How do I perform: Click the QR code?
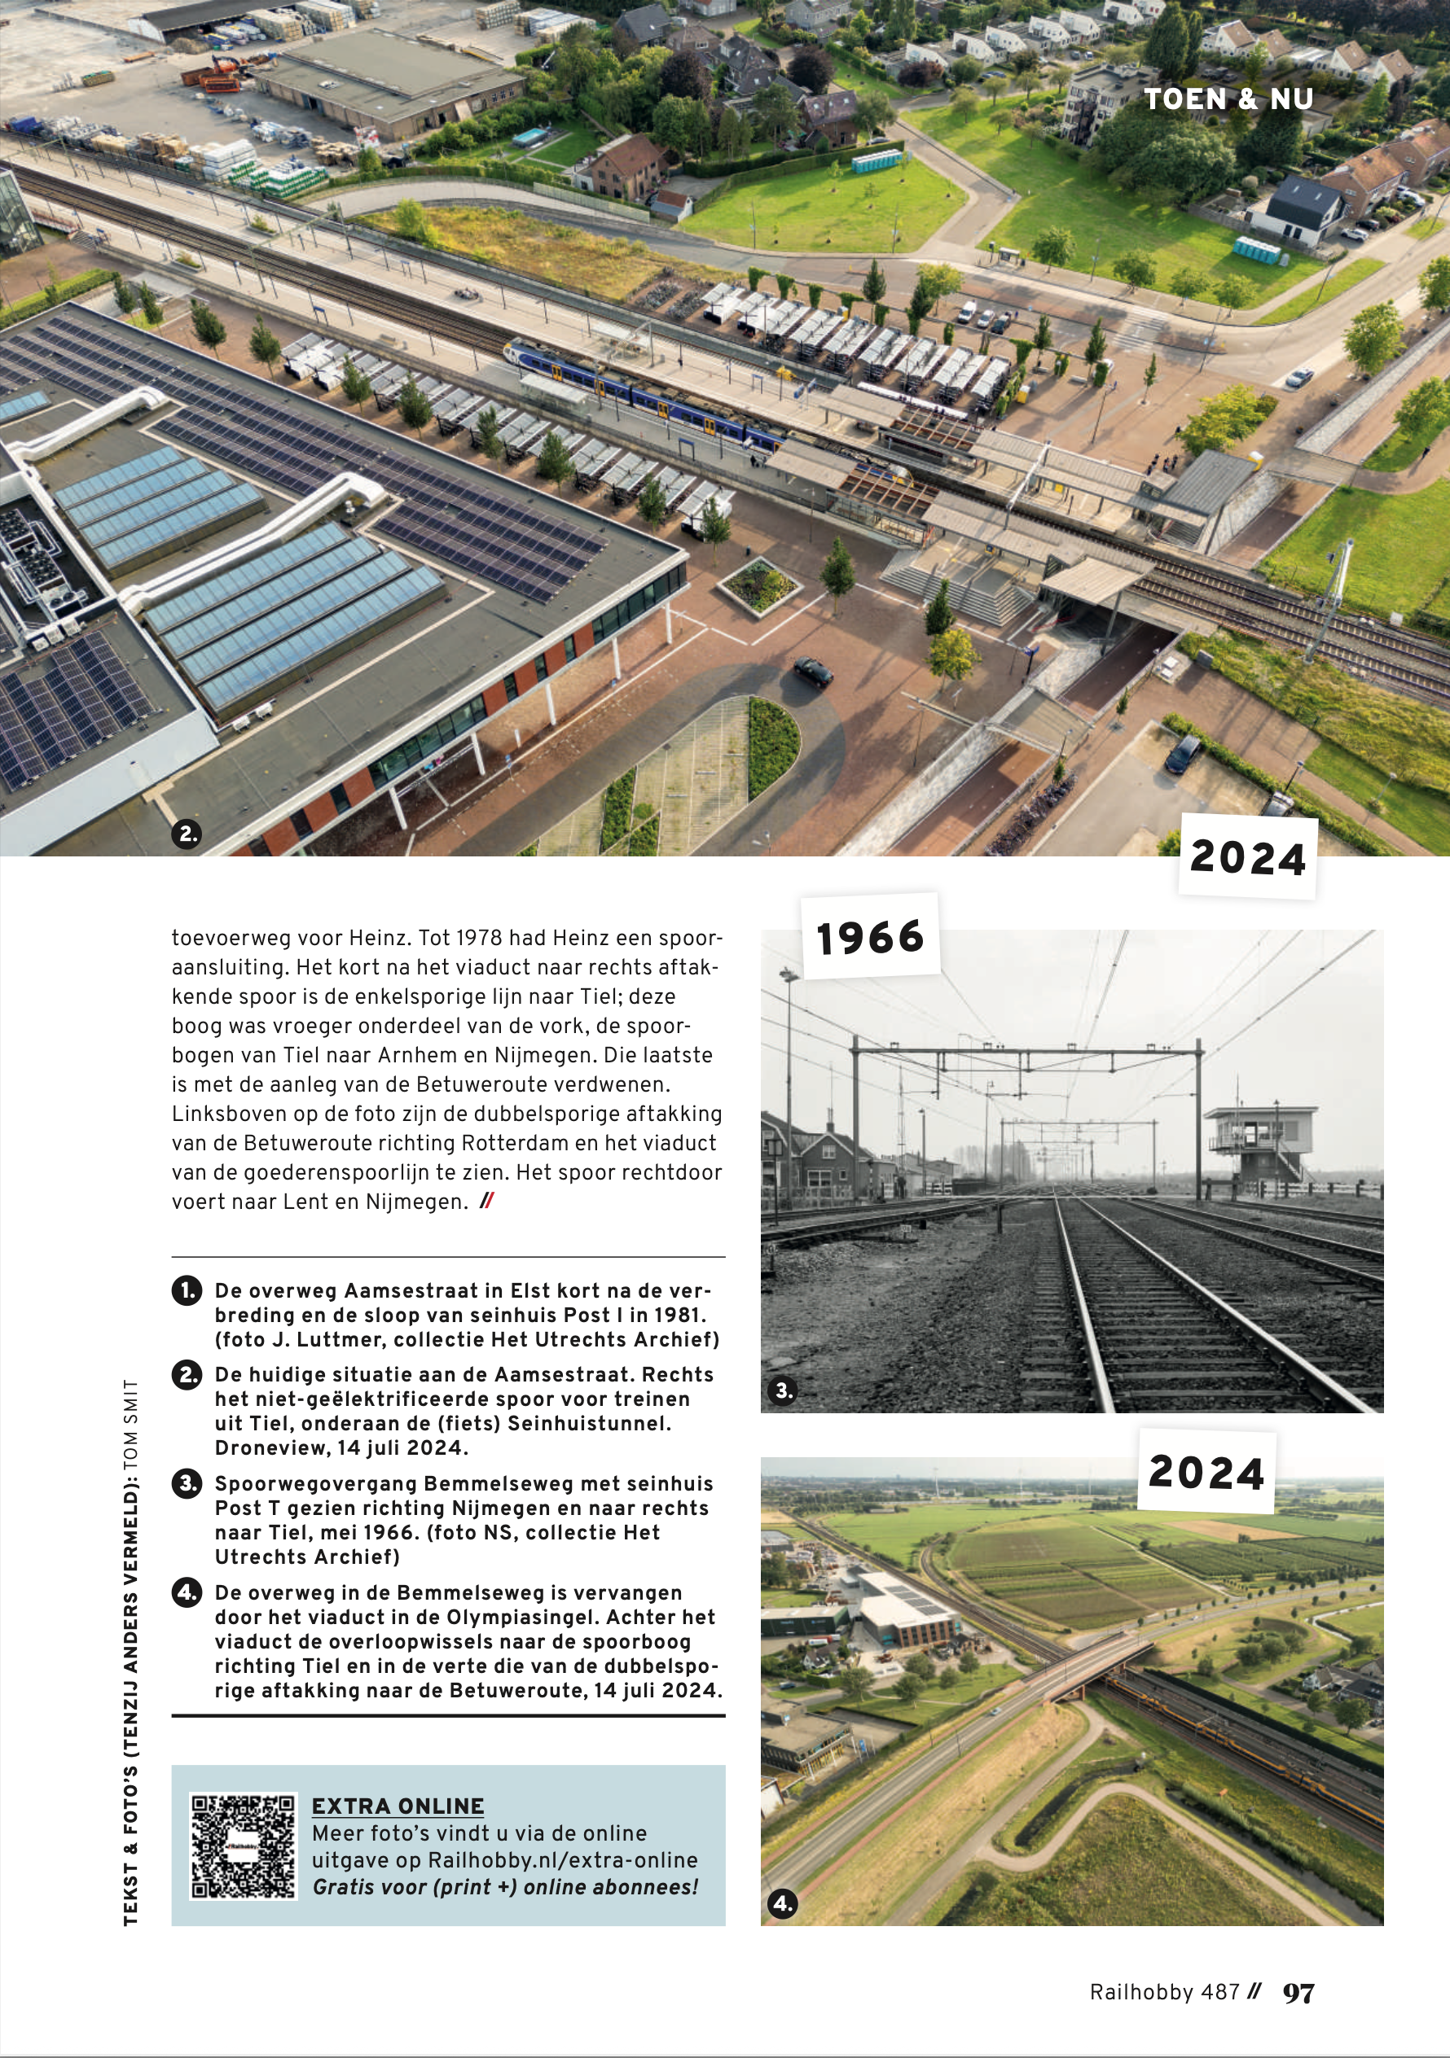click(242, 1846)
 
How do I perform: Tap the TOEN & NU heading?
click(1228, 99)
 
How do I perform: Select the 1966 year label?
click(870, 938)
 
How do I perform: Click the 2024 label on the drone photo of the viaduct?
click(1206, 1473)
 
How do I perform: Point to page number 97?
click(1298, 1992)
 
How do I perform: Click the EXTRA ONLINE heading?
click(398, 1806)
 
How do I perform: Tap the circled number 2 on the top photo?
click(187, 834)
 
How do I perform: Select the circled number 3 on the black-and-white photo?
click(784, 1390)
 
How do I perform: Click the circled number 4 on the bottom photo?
click(783, 1904)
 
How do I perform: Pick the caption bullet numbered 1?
click(187, 1292)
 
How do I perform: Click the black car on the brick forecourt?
click(812, 671)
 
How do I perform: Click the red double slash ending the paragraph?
click(486, 1201)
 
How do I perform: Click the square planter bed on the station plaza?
click(758, 585)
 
